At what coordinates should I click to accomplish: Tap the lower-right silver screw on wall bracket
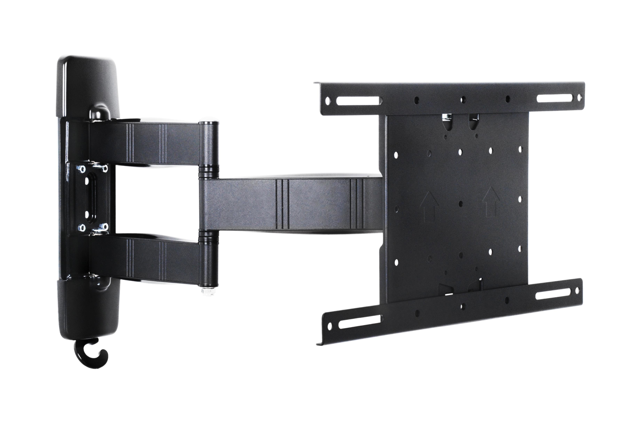(x=105, y=227)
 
